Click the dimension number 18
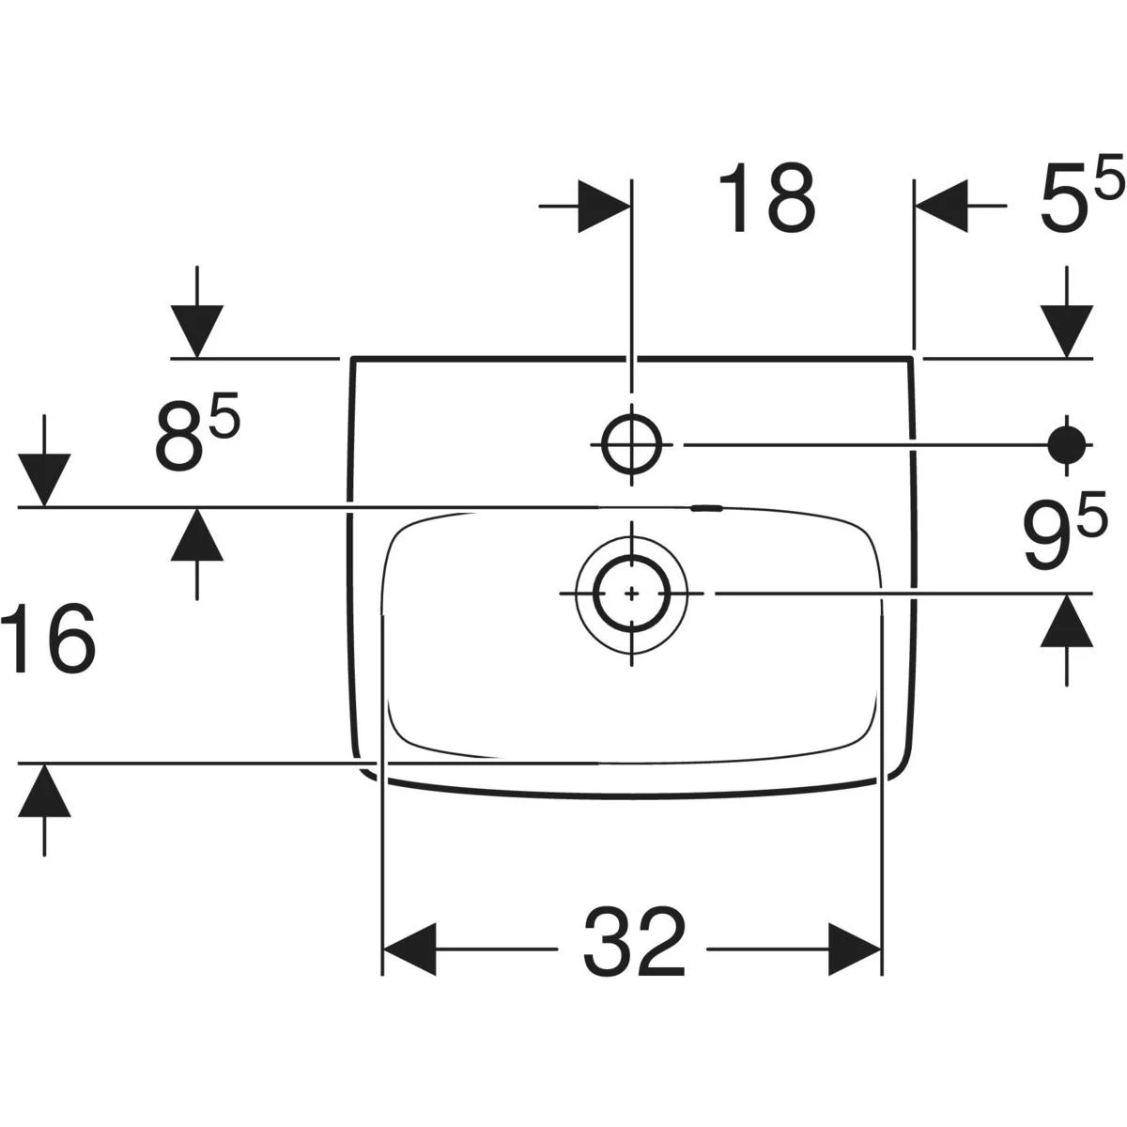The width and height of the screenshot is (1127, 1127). pyautogui.click(x=767, y=198)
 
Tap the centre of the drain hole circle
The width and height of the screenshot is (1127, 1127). pyautogui.click(x=632, y=594)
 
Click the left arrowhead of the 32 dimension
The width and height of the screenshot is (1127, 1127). pyautogui.click(x=409, y=949)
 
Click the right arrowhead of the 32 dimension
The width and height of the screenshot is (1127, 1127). pyautogui.click(x=855, y=949)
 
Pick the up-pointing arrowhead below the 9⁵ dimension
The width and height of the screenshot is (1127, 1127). pyautogui.click(x=1066, y=621)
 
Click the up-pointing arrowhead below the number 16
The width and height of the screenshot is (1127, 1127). pyautogui.click(x=44, y=791)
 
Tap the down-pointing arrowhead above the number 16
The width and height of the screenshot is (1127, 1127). pyautogui.click(x=44, y=480)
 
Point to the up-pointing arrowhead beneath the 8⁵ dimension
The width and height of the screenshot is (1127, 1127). pyautogui.click(x=196, y=534)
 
